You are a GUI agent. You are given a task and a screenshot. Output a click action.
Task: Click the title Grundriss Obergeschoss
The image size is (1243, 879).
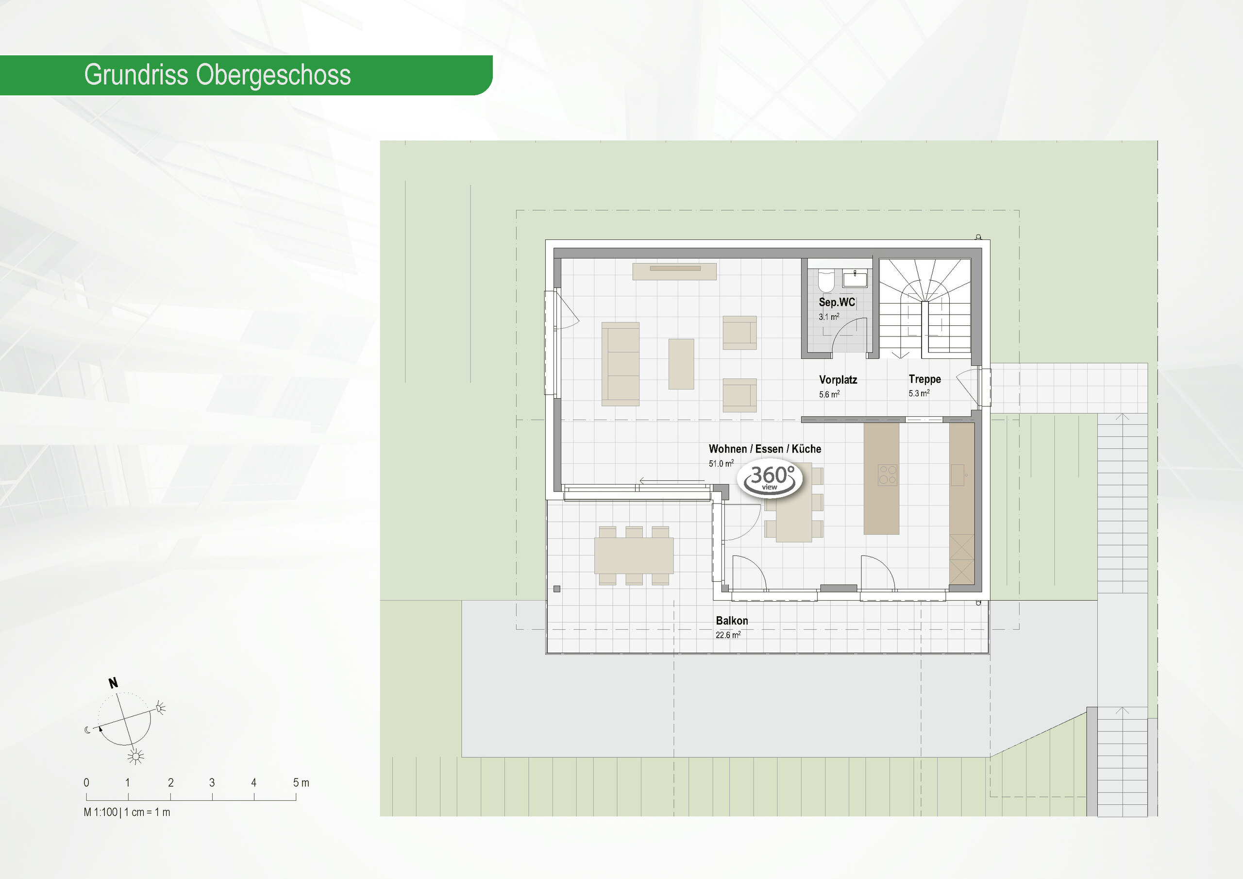(x=217, y=75)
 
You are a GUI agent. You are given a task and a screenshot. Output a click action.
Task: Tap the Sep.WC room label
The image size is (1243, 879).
(x=837, y=302)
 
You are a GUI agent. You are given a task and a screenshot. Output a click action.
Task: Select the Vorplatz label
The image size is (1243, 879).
(x=838, y=380)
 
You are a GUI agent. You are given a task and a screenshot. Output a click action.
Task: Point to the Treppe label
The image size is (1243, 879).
(x=924, y=379)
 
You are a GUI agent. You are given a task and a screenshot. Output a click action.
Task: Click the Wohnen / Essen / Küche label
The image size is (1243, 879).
(x=764, y=449)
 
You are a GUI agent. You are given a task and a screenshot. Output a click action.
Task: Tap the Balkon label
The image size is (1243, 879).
(x=731, y=621)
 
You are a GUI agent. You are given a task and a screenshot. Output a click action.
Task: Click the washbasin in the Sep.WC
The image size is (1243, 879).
(x=855, y=279)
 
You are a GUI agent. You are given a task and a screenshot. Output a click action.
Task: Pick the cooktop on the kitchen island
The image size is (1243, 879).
(x=887, y=475)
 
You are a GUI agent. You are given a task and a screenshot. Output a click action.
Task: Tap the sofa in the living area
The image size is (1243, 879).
(x=621, y=364)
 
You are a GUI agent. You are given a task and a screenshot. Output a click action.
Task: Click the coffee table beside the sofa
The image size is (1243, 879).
(x=681, y=364)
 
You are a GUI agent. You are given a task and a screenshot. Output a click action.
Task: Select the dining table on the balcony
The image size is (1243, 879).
(x=634, y=555)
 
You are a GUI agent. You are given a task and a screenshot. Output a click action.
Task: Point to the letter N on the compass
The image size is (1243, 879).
(x=113, y=683)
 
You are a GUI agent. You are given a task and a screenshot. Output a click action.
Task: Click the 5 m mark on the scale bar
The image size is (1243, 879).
(x=301, y=782)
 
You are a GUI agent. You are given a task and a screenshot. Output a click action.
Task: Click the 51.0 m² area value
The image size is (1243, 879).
(x=721, y=464)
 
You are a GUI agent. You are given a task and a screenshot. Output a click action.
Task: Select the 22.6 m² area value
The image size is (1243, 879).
(x=728, y=635)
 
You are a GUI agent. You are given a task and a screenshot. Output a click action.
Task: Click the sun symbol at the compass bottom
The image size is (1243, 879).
(x=135, y=756)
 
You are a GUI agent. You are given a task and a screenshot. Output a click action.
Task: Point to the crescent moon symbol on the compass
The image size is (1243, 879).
(x=88, y=730)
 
